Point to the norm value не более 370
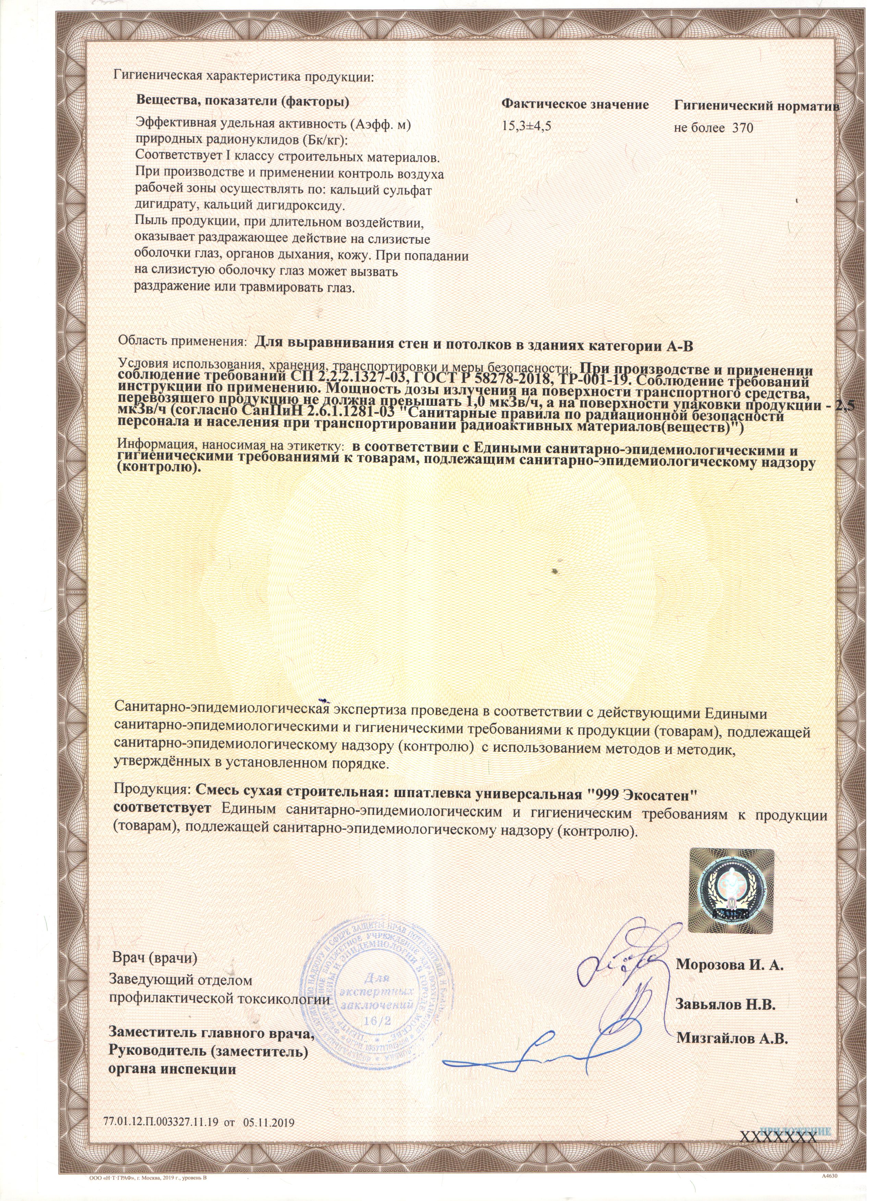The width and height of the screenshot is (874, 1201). pos(714,128)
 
